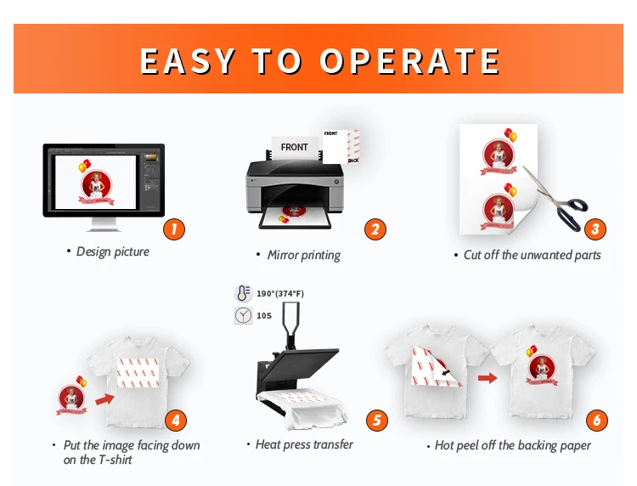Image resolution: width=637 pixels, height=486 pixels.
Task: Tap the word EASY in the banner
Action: click(x=187, y=61)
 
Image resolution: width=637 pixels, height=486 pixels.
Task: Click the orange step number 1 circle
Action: click(x=173, y=228)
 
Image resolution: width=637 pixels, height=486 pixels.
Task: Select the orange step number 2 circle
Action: click(x=375, y=228)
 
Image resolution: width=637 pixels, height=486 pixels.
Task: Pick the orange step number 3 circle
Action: click(x=595, y=228)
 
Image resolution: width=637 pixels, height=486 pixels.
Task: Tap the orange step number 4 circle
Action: click(x=175, y=419)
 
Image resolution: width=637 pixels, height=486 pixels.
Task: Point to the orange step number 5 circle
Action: click(x=376, y=420)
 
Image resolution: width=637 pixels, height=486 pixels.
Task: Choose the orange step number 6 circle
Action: click(x=597, y=420)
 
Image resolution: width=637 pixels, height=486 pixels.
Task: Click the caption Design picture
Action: click(x=112, y=251)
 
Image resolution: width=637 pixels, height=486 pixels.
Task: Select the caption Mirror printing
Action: click(x=303, y=255)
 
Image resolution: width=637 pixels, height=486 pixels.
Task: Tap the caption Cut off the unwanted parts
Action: click(x=532, y=255)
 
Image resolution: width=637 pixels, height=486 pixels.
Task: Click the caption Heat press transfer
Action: click(x=304, y=444)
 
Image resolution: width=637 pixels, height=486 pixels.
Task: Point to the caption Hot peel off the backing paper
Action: click(x=512, y=445)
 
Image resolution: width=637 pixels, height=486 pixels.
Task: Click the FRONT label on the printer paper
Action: click(x=294, y=147)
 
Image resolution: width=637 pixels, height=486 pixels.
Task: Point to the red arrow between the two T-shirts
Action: click(x=488, y=377)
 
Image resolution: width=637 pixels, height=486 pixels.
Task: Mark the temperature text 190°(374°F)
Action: click(x=280, y=294)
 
